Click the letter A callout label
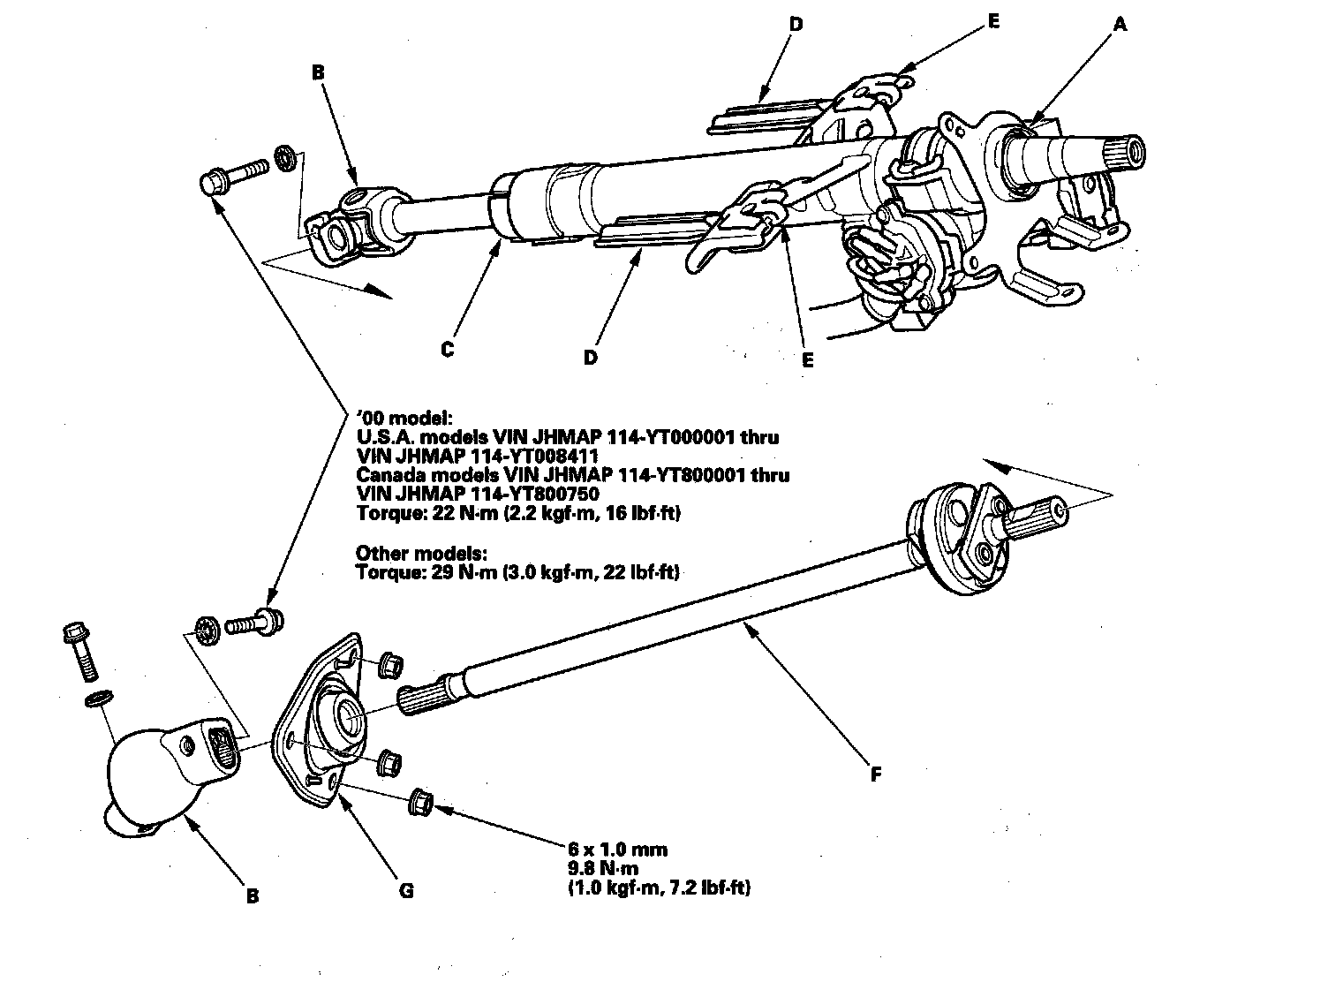[x=1120, y=26]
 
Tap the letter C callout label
[x=448, y=350]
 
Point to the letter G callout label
[x=406, y=891]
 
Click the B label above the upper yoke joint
[x=318, y=73]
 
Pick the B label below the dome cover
[x=253, y=896]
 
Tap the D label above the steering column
[x=796, y=25]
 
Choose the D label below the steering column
[x=591, y=357]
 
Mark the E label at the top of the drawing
[x=994, y=22]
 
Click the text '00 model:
[x=403, y=417]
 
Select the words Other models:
[x=421, y=554]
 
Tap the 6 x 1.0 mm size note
[x=617, y=850]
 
